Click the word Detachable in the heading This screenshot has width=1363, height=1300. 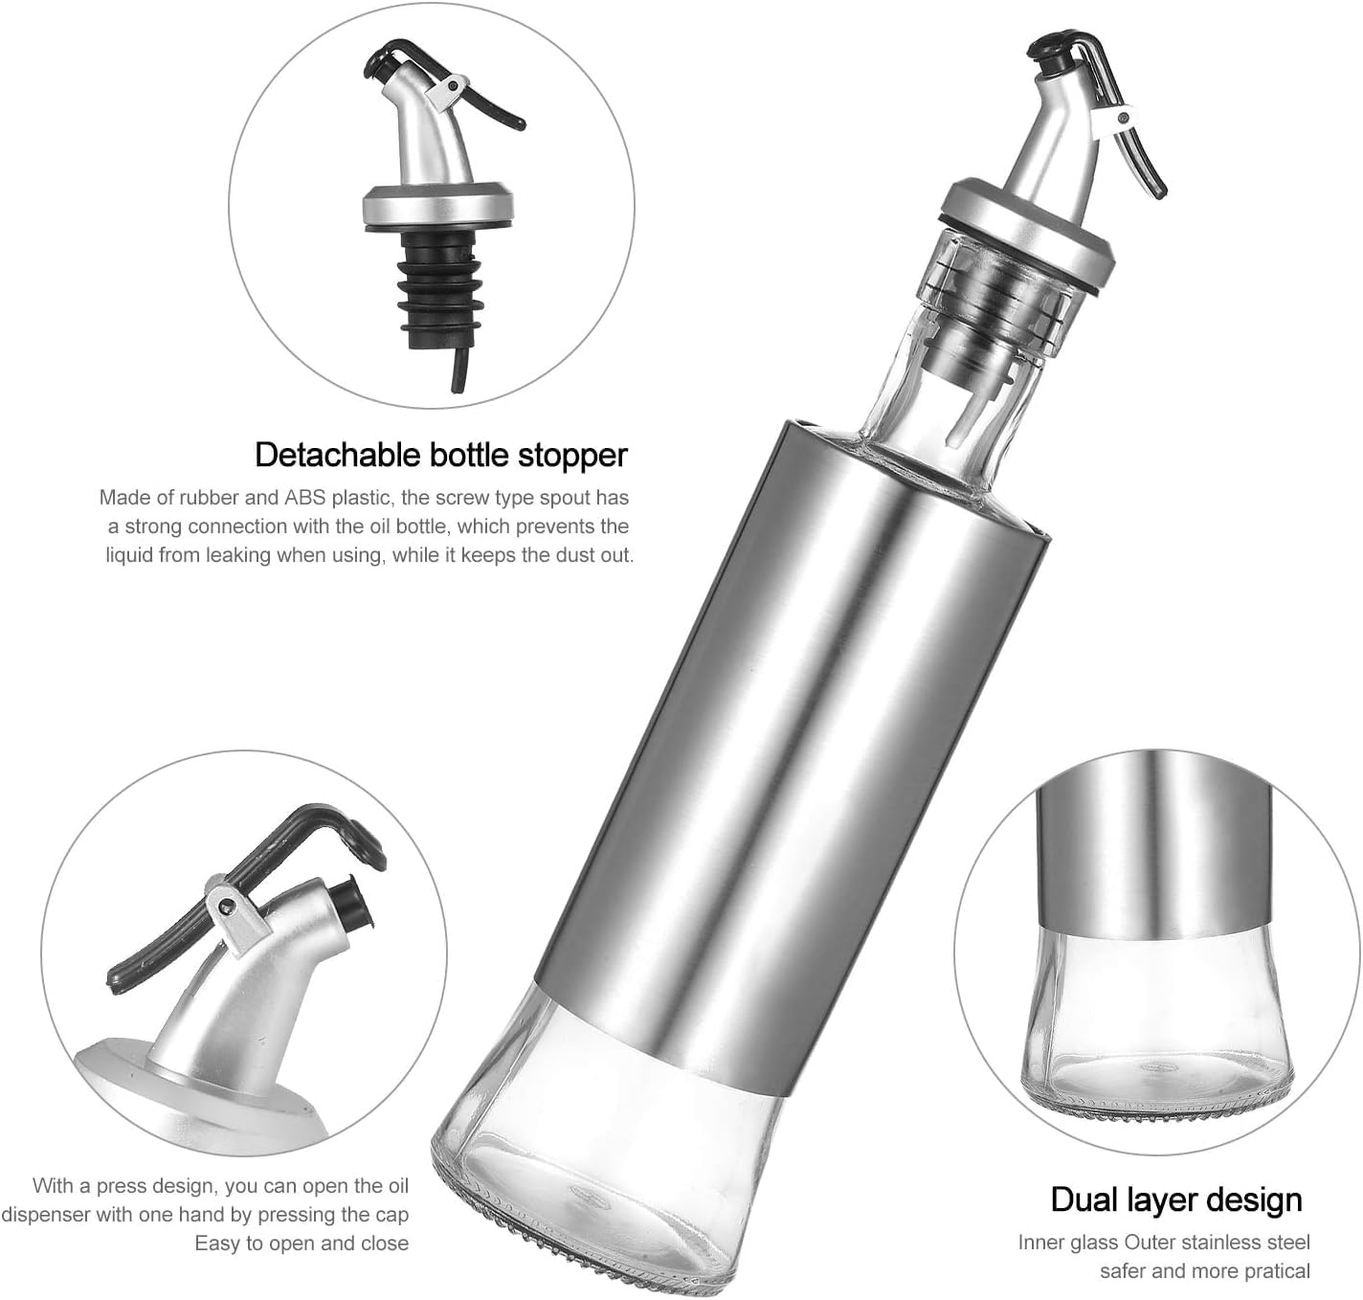[x=339, y=455]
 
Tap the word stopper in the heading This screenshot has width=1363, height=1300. [x=572, y=457]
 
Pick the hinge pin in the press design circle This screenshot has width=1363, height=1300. [x=223, y=905]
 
